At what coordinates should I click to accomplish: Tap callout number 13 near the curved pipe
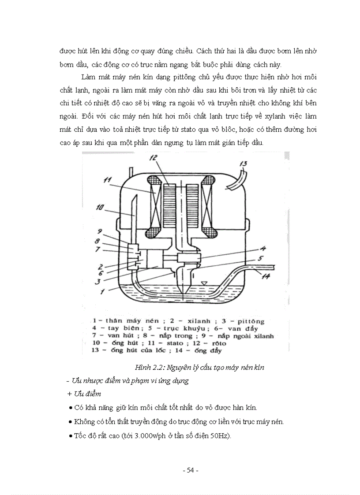[243, 164]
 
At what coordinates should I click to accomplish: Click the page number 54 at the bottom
[190, 470]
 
